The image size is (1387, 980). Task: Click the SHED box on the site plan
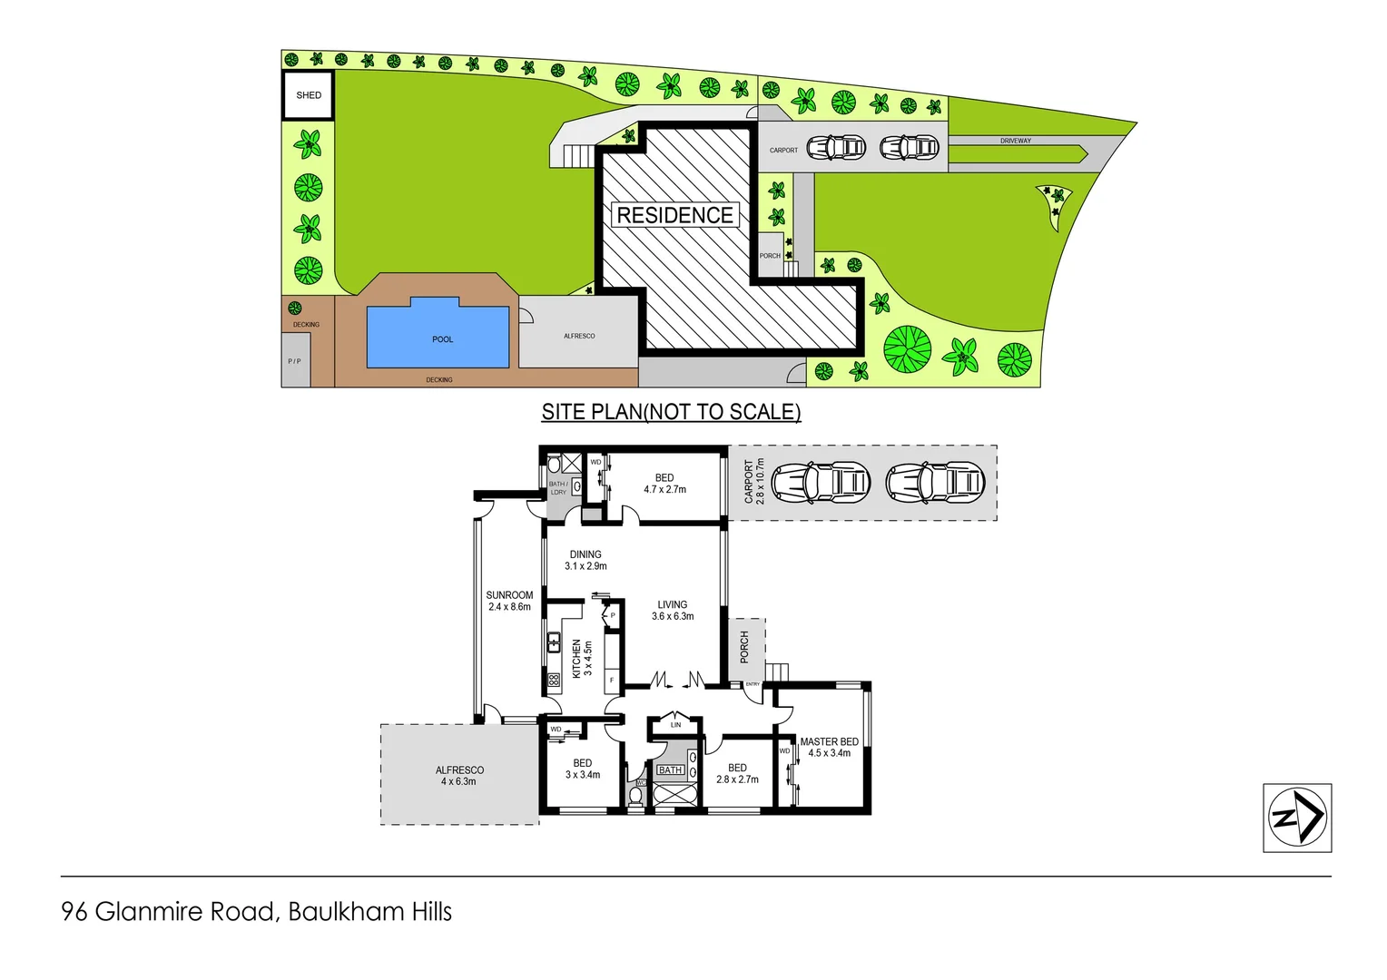[309, 95]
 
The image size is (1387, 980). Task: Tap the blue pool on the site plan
[438, 335]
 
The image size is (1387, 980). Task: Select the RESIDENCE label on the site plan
[674, 215]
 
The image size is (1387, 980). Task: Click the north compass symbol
[1297, 818]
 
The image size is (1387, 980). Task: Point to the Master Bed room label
[829, 747]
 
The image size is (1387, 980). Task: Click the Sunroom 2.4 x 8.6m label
[509, 601]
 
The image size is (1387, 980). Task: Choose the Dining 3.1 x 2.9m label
[585, 560]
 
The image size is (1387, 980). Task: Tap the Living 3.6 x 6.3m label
[673, 610]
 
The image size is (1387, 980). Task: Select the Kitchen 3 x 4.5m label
[582, 659]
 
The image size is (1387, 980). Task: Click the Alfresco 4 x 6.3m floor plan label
[459, 776]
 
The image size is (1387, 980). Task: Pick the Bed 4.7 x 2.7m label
[664, 484]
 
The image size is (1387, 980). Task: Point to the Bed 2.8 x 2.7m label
[737, 773]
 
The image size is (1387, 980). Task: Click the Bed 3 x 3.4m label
[583, 769]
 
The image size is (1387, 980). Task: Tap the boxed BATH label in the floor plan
[671, 770]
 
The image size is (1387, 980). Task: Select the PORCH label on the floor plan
[744, 647]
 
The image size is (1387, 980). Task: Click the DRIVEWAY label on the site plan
[1016, 141]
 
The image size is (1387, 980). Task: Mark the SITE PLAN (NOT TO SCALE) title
[671, 412]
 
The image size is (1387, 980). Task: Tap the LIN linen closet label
[675, 725]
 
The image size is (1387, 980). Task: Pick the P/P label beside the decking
[294, 361]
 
